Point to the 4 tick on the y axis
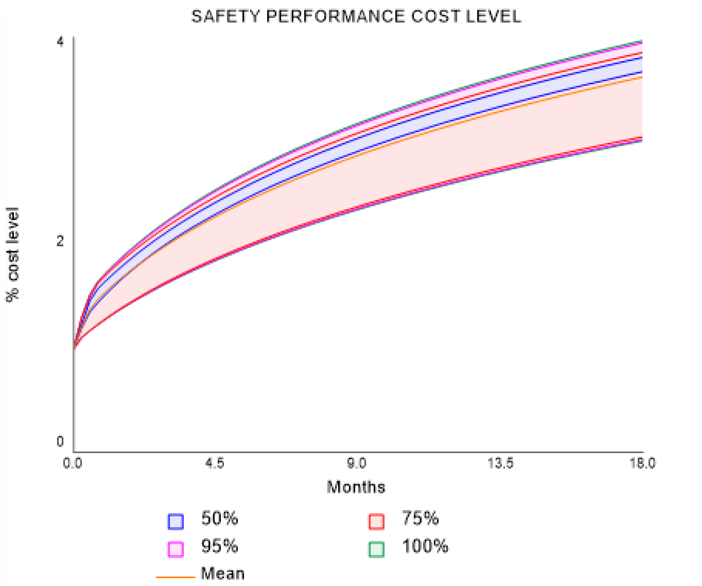[x=60, y=42]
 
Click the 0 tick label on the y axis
[x=60, y=441]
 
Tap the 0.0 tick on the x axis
[x=73, y=463]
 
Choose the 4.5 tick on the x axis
[x=215, y=463]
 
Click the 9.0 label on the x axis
[x=357, y=463]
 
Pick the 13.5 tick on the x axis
[x=501, y=463]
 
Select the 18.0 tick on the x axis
[x=642, y=463]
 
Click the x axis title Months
[x=356, y=487]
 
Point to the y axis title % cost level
[x=13, y=254]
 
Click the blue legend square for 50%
[x=175, y=521]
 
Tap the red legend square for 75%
[x=376, y=521]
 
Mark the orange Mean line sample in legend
[x=175, y=577]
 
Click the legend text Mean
[x=223, y=574]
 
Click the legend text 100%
[x=425, y=546]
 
